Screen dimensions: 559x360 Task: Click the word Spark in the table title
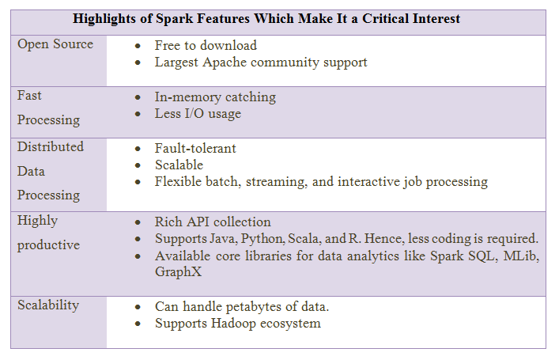click(174, 19)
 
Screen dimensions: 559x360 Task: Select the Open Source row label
click(55, 44)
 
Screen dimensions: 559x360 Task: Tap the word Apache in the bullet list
click(225, 63)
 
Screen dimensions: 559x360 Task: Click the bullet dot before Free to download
click(138, 46)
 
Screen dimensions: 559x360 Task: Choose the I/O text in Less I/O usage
click(194, 113)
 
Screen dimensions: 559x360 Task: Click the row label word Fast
click(29, 95)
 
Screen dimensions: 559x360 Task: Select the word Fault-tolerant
click(195, 148)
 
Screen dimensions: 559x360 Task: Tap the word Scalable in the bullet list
click(179, 165)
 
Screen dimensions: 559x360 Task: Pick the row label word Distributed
click(51, 146)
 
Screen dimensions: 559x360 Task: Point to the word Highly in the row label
click(37, 221)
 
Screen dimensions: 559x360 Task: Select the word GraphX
click(178, 272)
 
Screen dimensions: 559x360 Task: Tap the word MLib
click(521, 256)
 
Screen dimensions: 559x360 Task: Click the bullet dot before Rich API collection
click(138, 222)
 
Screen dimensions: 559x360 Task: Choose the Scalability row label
click(48, 305)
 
